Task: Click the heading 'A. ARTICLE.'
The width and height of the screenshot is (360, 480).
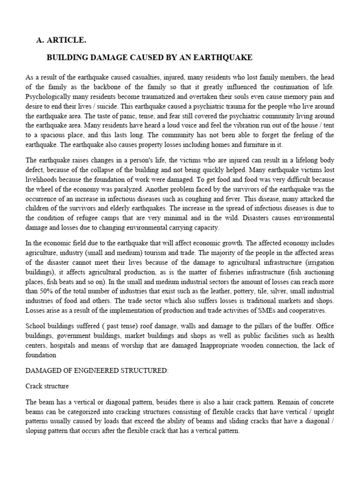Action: coord(61,40)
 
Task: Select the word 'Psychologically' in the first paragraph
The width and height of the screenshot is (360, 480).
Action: coord(46,96)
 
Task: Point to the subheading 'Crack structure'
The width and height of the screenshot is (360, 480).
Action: coord(47,386)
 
